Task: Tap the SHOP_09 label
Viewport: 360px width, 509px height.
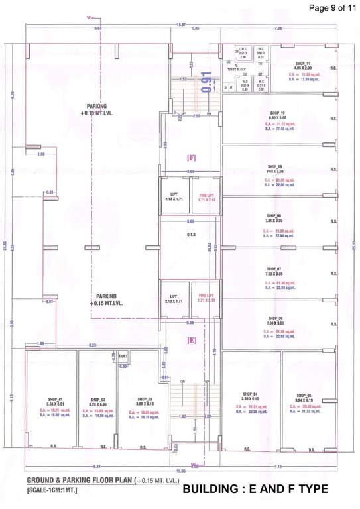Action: click(x=275, y=166)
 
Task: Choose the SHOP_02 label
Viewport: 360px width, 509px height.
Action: click(x=98, y=400)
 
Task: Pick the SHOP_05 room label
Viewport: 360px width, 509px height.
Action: click(x=304, y=394)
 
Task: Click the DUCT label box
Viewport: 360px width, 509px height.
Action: click(x=123, y=356)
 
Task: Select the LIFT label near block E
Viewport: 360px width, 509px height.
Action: click(x=174, y=296)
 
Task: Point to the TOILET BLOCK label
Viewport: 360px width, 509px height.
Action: click(x=233, y=68)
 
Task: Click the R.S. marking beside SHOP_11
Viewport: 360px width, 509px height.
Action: click(x=333, y=68)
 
